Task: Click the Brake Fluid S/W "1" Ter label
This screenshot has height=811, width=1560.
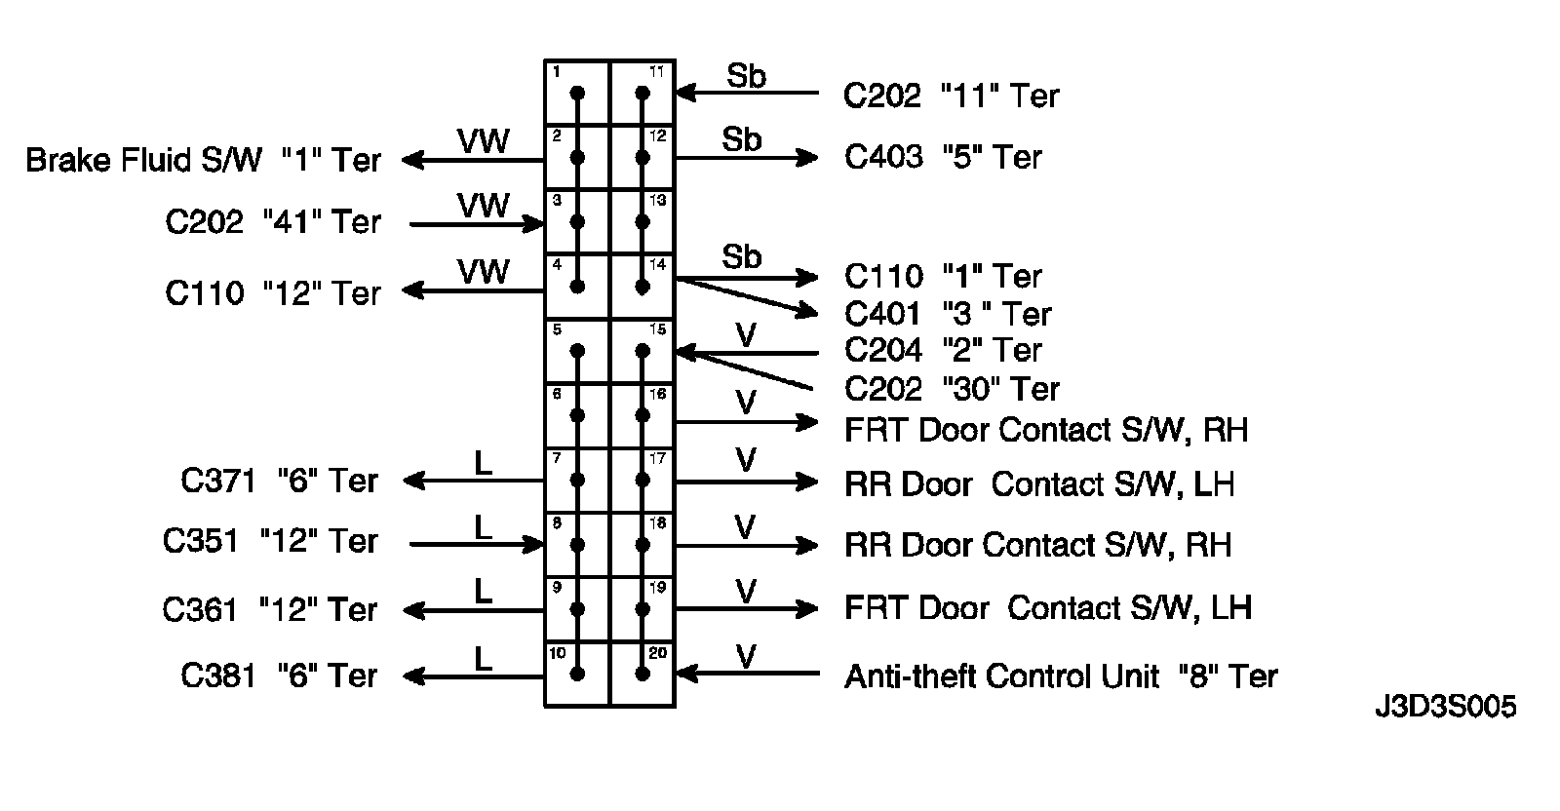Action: click(x=203, y=160)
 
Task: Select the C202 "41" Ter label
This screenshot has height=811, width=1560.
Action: click(x=273, y=222)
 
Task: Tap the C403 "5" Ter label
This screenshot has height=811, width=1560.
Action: click(x=943, y=157)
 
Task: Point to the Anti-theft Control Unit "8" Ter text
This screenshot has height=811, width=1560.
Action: click(x=1060, y=676)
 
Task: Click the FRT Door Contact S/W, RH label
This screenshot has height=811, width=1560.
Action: click(x=1045, y=430)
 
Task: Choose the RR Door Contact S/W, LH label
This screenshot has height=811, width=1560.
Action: click(x=1039, y=484)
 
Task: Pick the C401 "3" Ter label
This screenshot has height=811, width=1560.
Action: click(x=948, y=314)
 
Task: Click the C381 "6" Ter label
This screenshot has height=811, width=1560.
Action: click(x=279, y=676)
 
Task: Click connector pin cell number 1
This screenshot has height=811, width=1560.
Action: click(x=577, y=94)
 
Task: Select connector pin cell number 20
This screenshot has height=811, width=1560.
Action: click(x=643, y=674)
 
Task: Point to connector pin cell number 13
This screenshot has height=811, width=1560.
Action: click(x=643, y=222)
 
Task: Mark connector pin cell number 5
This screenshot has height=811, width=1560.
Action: click(x=577, y=351)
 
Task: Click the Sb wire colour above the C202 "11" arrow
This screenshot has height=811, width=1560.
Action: click(x=746, y=76)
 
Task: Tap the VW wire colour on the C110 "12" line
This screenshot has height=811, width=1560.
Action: click(x=483, y=272)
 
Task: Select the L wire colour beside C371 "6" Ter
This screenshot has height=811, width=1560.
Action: click(x=483, y=463)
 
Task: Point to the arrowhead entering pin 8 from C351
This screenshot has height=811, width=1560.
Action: click(x=533, y=544)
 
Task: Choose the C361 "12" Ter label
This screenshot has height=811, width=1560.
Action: click(x=270, y=610)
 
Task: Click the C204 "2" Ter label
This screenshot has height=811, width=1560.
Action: click(x=943, y=350)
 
